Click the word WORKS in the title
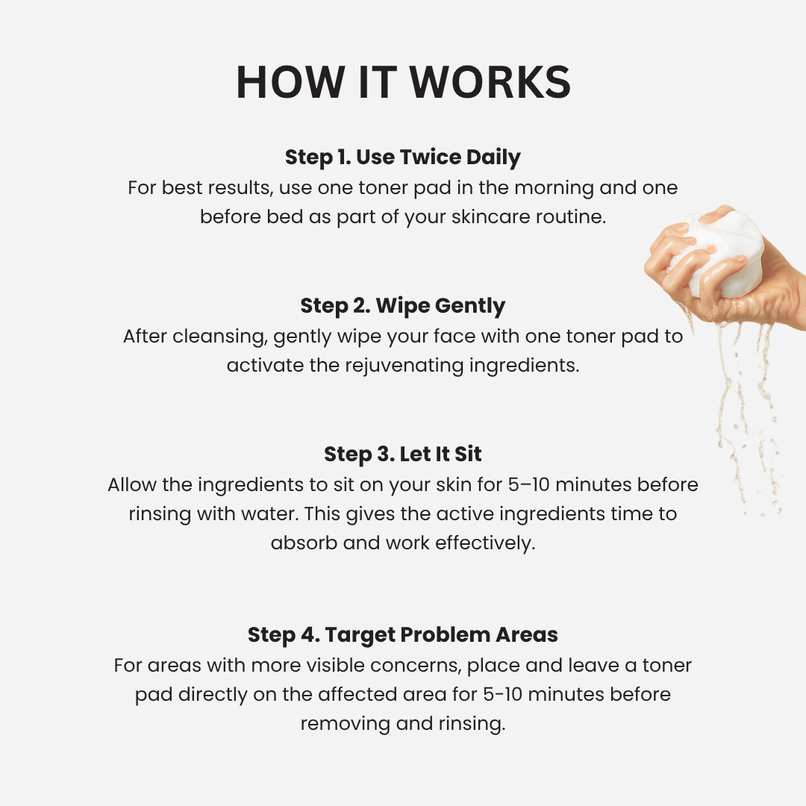pos(490,82)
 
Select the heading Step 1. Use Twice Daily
pos(403,157)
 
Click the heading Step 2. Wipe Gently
pos(403,306)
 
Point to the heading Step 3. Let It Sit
pos(403,454)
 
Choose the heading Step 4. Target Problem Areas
pos(403,635)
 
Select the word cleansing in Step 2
pos(219,337)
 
